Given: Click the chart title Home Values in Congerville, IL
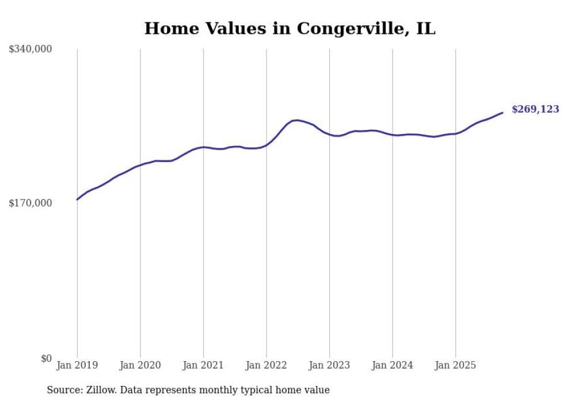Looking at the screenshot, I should click(289, 28).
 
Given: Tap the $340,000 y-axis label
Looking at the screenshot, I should click(31, 49).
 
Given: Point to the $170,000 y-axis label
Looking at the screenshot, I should click(31, 203).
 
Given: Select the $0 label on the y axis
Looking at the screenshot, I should click(46, 358).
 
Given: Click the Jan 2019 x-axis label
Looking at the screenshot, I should click(77, 365).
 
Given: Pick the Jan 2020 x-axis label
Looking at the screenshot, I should click(140, 365).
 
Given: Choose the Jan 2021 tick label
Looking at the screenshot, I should click(203, 365).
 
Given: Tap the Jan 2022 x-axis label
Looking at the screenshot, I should click(266, 365).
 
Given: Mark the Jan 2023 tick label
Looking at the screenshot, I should click(329, 365).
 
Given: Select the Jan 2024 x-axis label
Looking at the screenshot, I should click(392, 365).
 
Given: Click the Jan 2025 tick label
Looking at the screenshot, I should click(455, 365).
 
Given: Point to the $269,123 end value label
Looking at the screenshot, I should click(535, 109).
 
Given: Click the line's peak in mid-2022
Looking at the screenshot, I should click(296, 120).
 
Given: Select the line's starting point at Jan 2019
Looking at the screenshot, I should click(77, 200).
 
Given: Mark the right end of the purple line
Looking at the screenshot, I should click(502, 113).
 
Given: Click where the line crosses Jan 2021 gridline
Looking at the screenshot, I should click(203, 147).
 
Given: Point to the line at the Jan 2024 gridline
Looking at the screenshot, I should click(392, 135).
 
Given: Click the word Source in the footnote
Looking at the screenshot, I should click(63, 390).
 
